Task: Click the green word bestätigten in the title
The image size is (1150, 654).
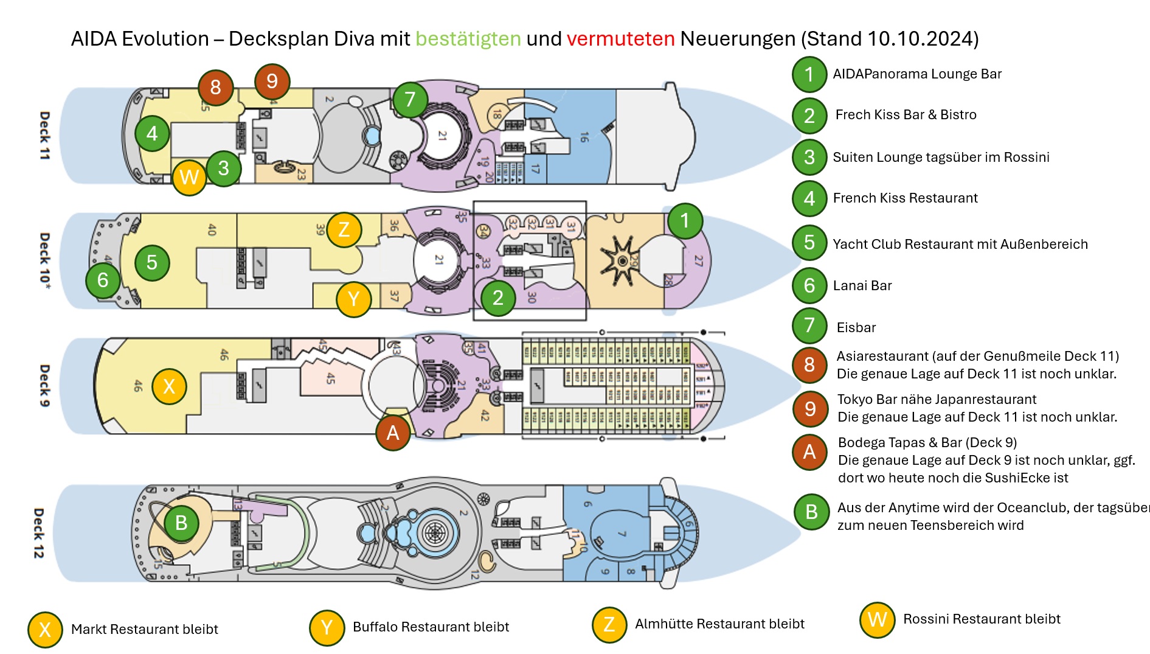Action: coord(468,39)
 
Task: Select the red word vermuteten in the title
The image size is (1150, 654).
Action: coord(620,39)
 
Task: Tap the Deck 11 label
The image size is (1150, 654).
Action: coord(44,135)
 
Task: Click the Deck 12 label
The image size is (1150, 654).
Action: coord(38,533)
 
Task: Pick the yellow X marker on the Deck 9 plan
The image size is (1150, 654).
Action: coord(169,386)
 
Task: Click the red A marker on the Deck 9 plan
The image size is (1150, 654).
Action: coord(393,433)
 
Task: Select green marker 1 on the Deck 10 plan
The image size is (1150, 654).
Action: coord(685,221)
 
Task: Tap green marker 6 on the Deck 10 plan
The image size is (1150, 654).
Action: coord(103,280)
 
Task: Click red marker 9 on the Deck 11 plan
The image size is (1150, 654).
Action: coord(272,81)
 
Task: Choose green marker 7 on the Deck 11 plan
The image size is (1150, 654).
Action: coord(410,99)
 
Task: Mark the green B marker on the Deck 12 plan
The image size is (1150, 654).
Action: coord(181,523)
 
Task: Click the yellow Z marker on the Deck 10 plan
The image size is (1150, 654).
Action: coord(344,229)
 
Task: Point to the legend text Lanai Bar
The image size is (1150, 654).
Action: coord(862,285)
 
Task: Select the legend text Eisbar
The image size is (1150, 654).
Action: coord(856,327)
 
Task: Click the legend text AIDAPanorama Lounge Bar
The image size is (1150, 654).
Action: coord(916,74)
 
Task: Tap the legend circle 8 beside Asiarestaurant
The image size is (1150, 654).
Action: coord(809,364)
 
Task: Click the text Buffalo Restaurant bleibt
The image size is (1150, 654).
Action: coord(431,627)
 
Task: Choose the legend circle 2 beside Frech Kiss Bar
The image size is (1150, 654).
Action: coord(809,116)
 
